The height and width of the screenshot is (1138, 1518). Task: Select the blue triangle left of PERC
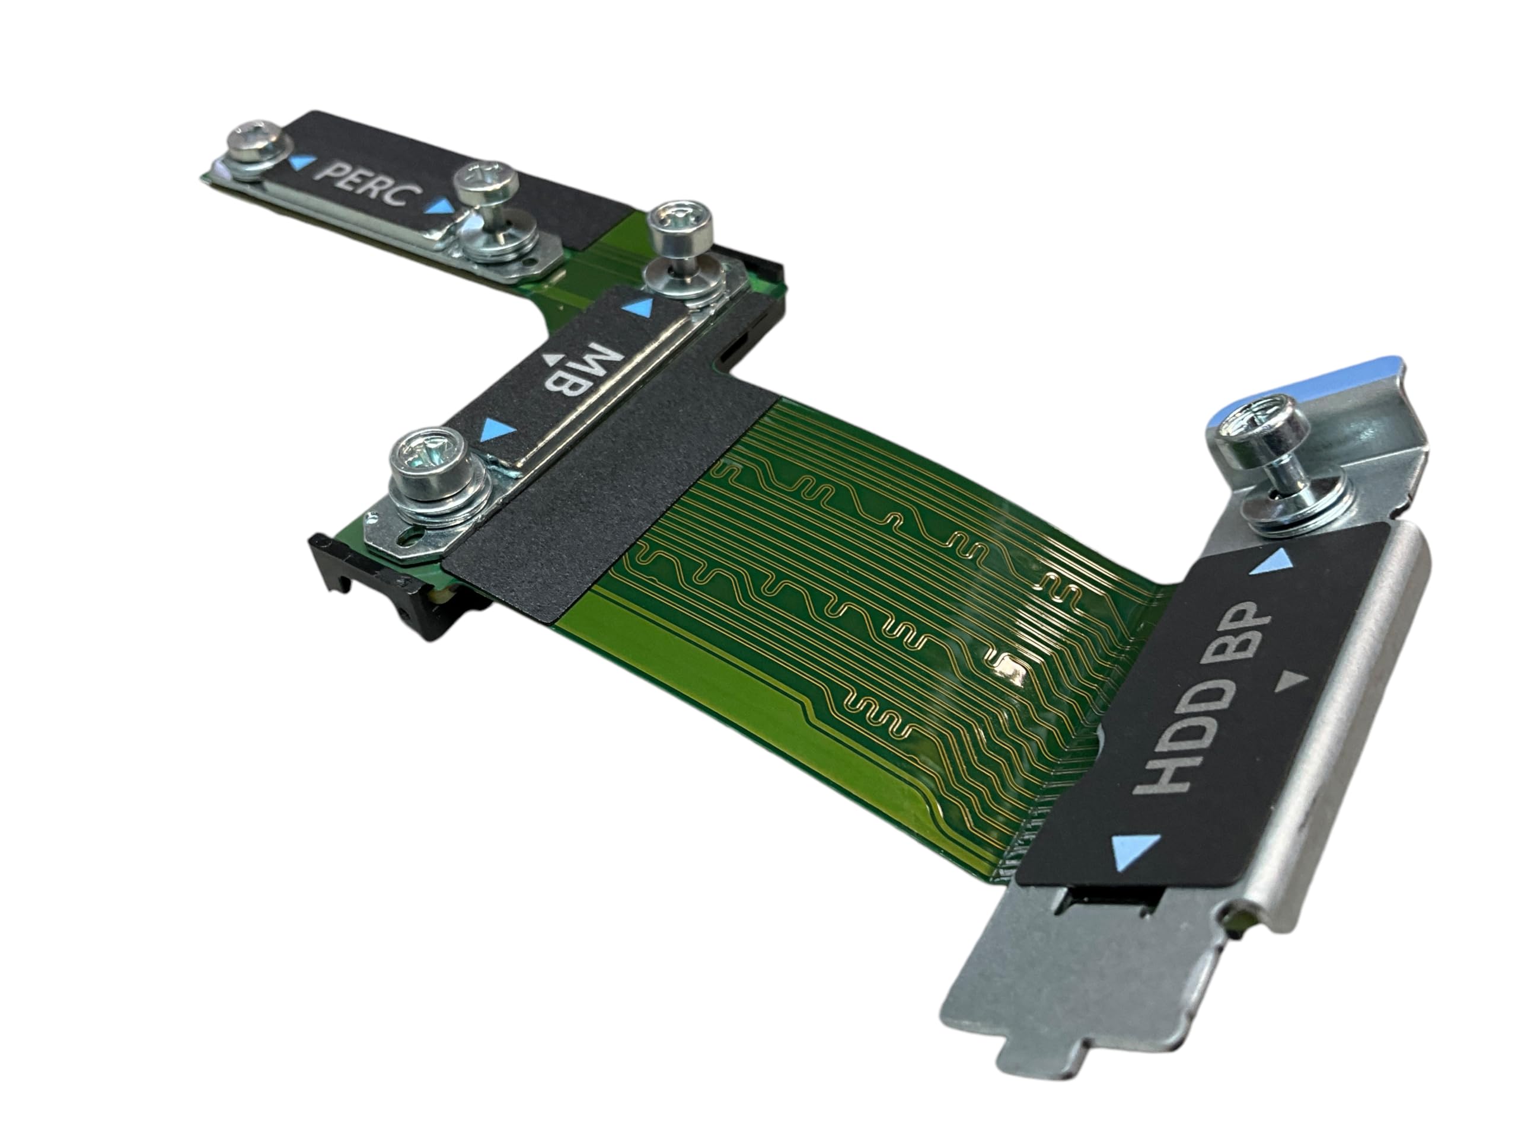pos(301,162)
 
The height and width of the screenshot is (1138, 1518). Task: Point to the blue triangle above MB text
pos(637,306)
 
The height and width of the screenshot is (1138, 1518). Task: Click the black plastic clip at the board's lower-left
pos(371,583)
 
